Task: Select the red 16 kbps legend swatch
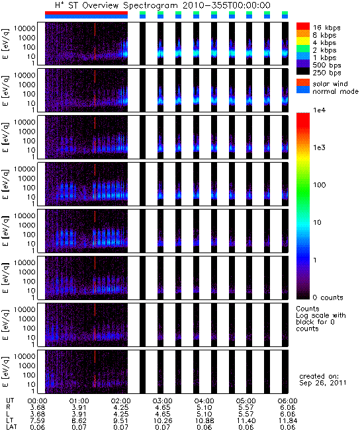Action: [x=303, y=26]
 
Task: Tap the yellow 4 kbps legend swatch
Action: [x=303, y=41]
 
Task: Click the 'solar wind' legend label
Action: [x=330, y=84]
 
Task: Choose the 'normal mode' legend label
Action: [x=336, y=91]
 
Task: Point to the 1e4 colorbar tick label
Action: [x=319, y=110]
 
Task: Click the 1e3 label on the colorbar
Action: [x=319, y=147]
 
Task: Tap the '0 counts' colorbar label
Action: [x=328, y=297]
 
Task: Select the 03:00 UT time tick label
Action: [x=162, y=401]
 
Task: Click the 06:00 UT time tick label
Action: [x=287, y=401]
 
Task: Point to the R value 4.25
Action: [x=120, y=408]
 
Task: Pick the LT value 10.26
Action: [x=162, y=420]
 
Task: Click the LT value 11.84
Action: [x=287, y=420]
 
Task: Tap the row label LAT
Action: [x=11, y=427]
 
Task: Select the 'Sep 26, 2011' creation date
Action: [x=323, y=383]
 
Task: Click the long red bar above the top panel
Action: [x=86, y=13]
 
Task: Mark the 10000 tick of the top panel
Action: [x=24, y=28]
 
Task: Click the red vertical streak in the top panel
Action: [x=95, y=41]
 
